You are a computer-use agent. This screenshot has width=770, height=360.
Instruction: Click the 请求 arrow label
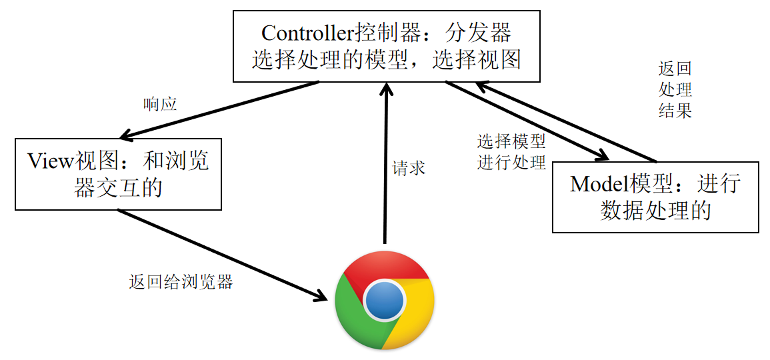pos(409,168)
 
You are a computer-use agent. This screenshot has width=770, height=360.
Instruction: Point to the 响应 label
pos(160,105)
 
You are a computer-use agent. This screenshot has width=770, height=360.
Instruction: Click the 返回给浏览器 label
pos(181,282)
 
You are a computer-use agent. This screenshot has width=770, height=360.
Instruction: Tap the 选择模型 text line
pos(511,141)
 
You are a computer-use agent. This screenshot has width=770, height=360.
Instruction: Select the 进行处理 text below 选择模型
pos(511,162)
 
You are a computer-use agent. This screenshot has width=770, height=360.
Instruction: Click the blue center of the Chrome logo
pos(385,300)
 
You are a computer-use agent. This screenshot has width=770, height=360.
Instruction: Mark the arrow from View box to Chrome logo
pos(220,253)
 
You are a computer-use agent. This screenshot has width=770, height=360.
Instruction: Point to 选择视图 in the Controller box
pos(476,61)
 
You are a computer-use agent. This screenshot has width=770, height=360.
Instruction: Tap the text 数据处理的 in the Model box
pos(655,211)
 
